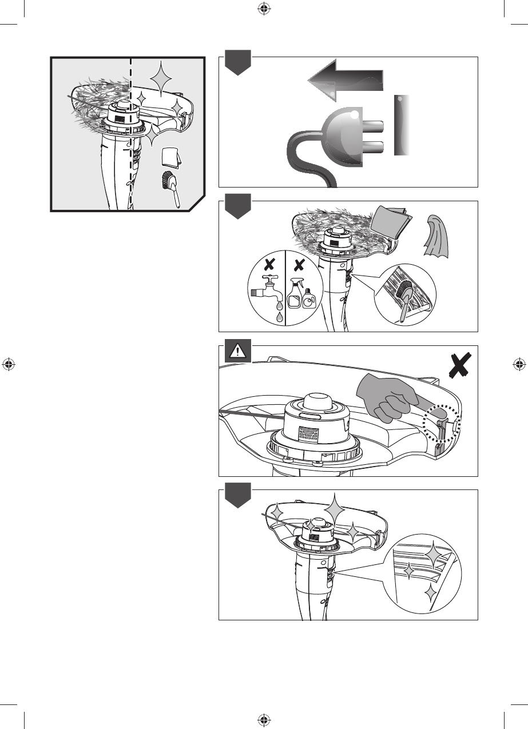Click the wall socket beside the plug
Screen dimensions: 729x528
(403, 126)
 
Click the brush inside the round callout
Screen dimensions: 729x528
(406, 298)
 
